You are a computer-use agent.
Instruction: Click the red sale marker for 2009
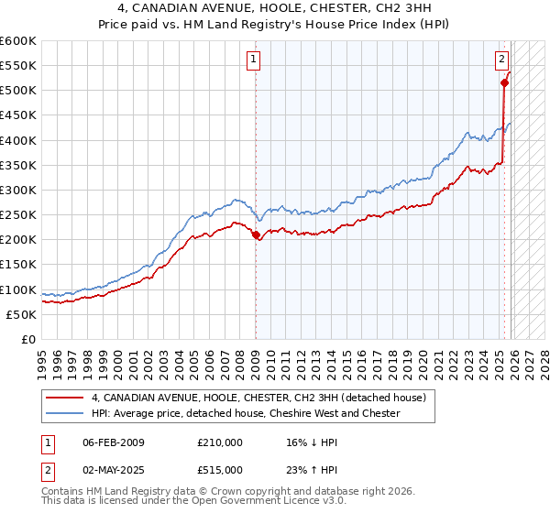tap(255, 235)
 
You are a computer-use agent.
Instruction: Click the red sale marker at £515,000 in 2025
tap(504, 82)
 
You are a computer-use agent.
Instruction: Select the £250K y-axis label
tap(18, 215)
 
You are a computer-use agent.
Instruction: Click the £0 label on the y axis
tap(29, 339)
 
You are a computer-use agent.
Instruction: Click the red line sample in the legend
tap(67, 398)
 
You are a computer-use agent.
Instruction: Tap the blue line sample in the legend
tap(67, 413)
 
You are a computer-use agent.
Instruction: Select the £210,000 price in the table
tap(220, 442)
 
